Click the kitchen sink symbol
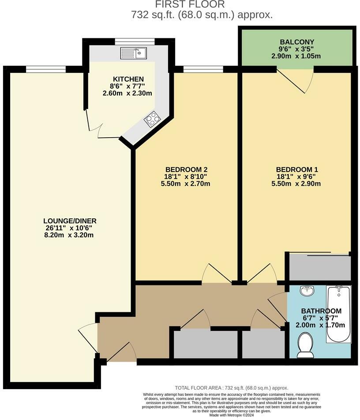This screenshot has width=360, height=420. point(134,53)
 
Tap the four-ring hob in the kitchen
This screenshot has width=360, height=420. point(153,119)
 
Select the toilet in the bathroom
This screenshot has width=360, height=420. point(305,345)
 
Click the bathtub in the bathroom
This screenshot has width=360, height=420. point(338,314)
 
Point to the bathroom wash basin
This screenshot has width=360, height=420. point(307,291)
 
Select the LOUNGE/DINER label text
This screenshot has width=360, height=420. point(70,221)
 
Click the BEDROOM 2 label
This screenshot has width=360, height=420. point(186,169)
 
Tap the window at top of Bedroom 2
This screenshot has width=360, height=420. point(203,68)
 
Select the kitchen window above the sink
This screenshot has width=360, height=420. point(135,42)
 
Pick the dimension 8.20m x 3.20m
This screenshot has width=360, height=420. point(70,235)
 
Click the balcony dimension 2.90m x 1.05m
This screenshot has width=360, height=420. point(296,56)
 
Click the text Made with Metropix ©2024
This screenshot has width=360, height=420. point(231,415)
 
